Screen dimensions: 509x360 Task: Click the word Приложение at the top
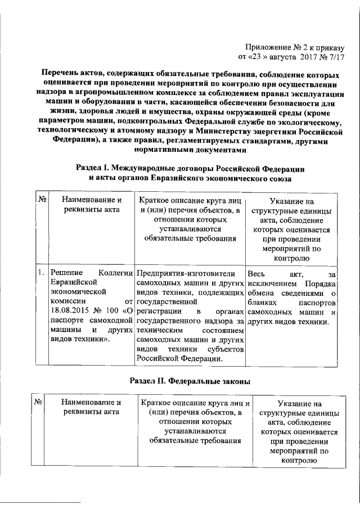(x=267, y=46)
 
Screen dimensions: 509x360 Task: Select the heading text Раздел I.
(x=93, y=168)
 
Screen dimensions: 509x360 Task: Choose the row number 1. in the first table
(x=41, y=273)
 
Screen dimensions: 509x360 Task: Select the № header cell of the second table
(x=39, y=403)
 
